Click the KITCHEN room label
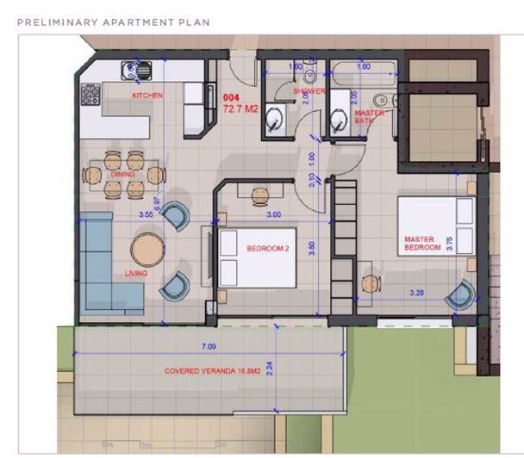pyautogui.click(x=147, y=96)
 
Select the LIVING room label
pyautogui.click(x=136, y=273)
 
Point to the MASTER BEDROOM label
pyautogui.click(x=422, y=243)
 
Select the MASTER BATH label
pyautogui.click(x=370, y=116)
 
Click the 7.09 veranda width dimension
pyautogui.click(x=208, y=346)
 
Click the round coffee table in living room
pyautogui.click(x=147, y=251)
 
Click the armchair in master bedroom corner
pyautogui.click(x=460, y=294)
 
